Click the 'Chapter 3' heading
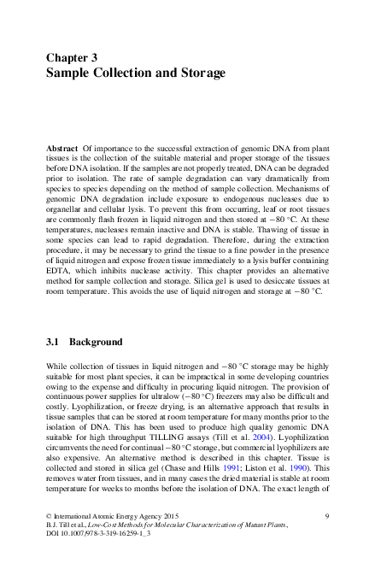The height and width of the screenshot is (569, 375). (71, 57)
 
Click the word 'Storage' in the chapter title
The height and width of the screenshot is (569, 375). (198, 73)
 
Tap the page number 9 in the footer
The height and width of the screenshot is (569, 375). (328, 517)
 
